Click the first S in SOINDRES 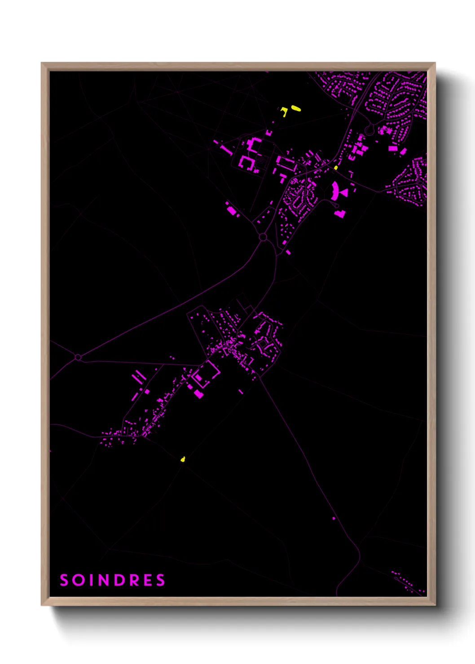(x=64, y=580)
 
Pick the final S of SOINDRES (x=161, y=580)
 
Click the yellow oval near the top (x=295, y=108)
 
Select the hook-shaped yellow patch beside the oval (x=284, y=111)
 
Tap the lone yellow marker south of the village (x=183, y=459)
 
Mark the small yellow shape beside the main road (x=335, y=168)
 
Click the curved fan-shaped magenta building (x=334, y=191)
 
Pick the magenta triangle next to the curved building (x=344, y=192)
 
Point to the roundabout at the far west (x=78, y=357)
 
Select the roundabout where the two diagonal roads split (x=263, y=236)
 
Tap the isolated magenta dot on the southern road (x=334, y=518)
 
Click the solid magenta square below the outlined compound (x=198, y=394)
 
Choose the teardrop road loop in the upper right (x=369, y=130)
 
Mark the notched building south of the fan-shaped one (x=340, y=214)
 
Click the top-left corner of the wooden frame (x=42, y=63)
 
